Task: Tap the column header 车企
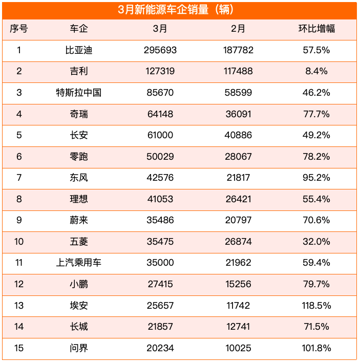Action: click(x=78, y=29)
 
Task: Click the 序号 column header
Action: click(x=19, y=29)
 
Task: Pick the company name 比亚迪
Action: click(x=78, y=50)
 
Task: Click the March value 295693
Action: click(x=160, y=50)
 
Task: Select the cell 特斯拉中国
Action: click(x=78, y=93)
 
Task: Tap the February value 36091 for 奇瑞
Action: click(x=238, y=114)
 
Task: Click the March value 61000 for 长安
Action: click(x=160, y=135)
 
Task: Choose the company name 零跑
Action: click(x=78, y=156)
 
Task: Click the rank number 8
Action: click(x=19, y=199)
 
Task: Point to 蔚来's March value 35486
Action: click(x=160, y=220)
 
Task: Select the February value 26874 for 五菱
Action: click(x=238, y=241)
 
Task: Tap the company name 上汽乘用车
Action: click(x=78, y=263)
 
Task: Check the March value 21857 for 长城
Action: click(x=160, y=327)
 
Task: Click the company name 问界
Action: click(x=78, y=348)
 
